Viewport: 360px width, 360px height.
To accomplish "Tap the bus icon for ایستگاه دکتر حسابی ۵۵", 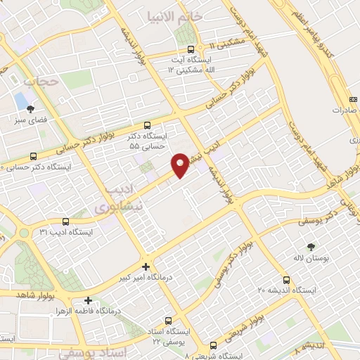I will pos(146,124).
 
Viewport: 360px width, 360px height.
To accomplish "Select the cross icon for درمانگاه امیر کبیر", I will pos(146,266).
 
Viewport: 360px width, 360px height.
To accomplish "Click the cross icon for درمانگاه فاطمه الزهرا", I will pos(88,300).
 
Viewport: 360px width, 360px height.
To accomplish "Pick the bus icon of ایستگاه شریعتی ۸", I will pos(214,345).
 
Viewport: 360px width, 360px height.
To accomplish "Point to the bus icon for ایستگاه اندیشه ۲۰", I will pos(286,279).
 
